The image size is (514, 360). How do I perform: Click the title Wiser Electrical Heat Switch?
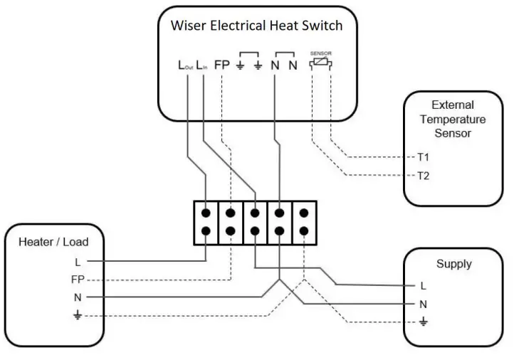pos(256,26)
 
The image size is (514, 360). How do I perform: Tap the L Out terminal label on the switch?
pos(185,65)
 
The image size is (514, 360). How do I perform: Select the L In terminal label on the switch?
pos(203,65)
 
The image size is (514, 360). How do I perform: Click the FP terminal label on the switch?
pos(222,65)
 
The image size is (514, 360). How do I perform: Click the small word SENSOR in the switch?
pos(321,53)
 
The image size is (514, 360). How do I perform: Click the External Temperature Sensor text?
pos(452,119)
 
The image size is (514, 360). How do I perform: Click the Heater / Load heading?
pos(53,242)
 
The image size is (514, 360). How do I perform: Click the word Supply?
pos(453,264)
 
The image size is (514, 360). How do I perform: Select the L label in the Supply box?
pos(424,286)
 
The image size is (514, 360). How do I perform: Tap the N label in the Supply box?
pos(424,305)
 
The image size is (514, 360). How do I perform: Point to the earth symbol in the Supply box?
pos(424,322)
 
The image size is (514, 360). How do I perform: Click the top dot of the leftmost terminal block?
pos(206,213)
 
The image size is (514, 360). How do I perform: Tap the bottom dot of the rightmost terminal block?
pos(304,231)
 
